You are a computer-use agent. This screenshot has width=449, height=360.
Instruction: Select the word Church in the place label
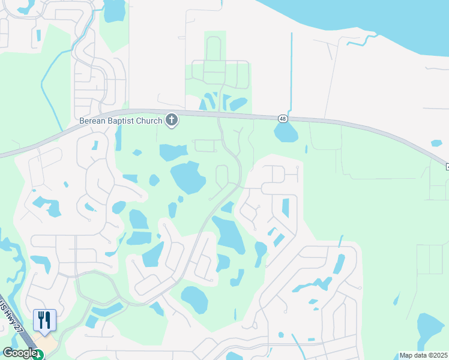coord(149,121)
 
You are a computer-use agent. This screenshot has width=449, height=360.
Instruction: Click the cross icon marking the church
coord(172,121)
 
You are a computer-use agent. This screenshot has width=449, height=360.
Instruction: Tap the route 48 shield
coord(283,119)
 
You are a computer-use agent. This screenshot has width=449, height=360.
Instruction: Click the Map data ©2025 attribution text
coord(423,355)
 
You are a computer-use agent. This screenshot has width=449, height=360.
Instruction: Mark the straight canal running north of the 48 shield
coord(291,72)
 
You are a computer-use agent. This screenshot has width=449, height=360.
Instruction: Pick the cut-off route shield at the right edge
coord(447,166)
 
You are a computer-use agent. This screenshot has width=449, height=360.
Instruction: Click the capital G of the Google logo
coord(7,353)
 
